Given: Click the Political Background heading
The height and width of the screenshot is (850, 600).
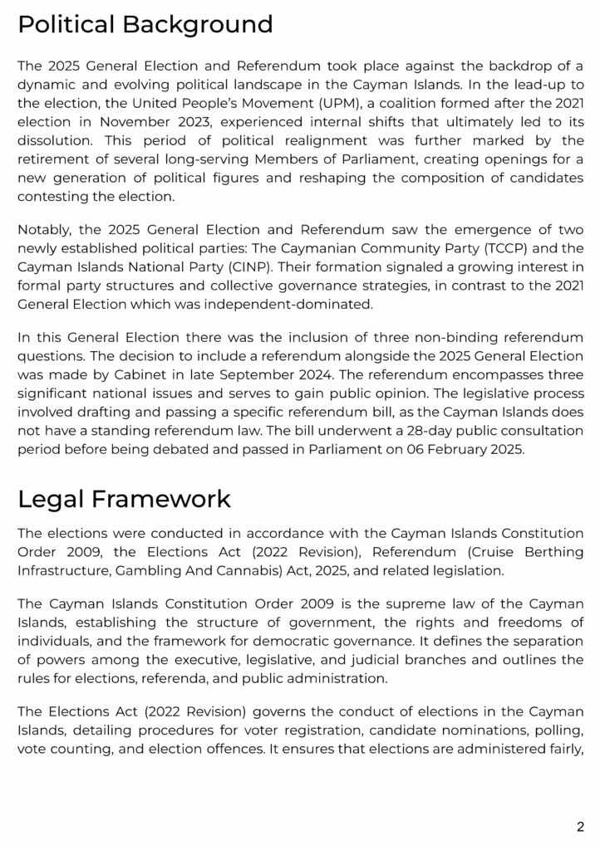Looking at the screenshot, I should tap(145, 25).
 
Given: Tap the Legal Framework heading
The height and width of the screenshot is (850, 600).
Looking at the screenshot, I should tap(124, 499).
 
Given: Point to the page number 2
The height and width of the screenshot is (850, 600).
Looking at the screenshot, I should tap(580, 826).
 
